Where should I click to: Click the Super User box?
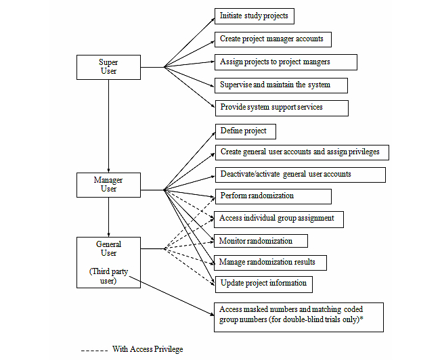(x=108, y=67)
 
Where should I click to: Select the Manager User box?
(x=108, y=184)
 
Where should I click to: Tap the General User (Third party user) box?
(x=108, y=262)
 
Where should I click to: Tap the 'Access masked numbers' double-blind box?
(x=299, y=315)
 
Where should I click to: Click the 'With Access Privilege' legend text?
(x=148, y=349)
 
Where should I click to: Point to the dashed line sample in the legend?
(x=93, y=350)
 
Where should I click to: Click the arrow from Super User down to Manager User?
(x=108, y=125)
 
